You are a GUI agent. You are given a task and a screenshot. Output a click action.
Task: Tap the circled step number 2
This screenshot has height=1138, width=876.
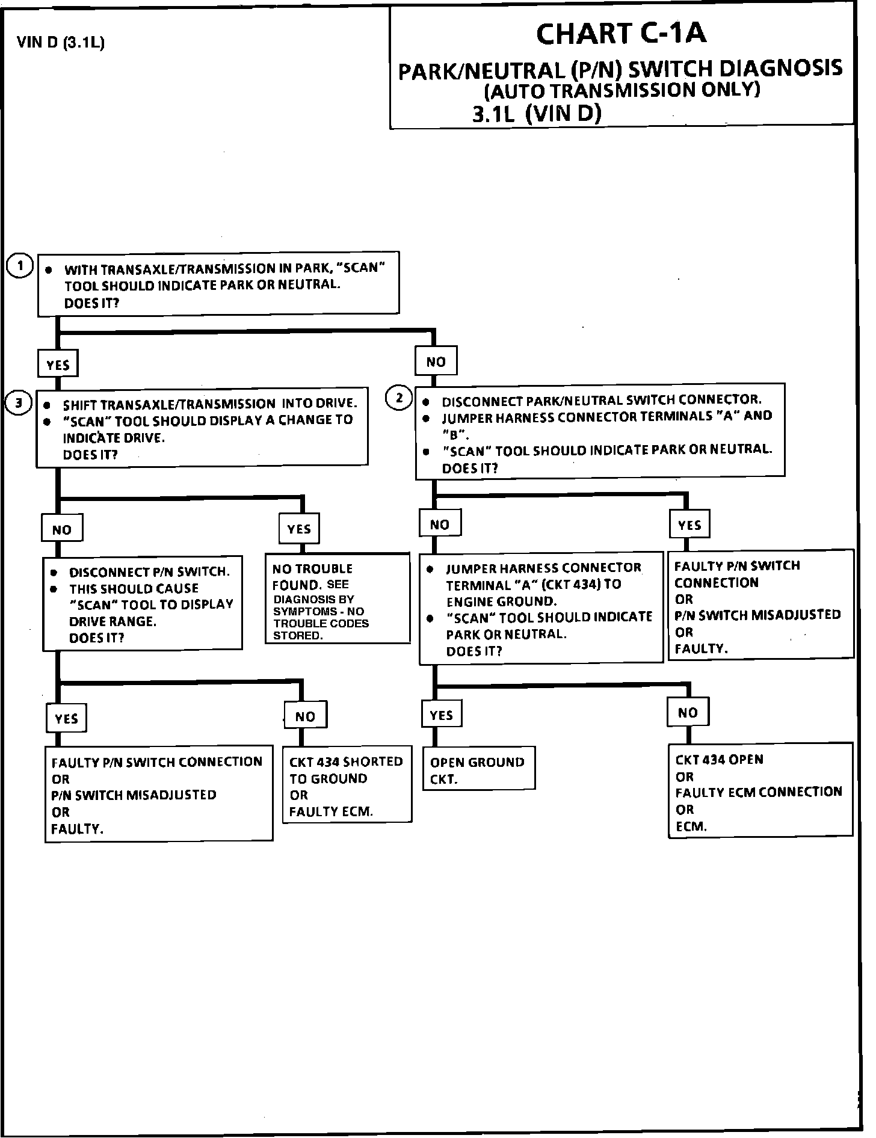[x=399, y=398]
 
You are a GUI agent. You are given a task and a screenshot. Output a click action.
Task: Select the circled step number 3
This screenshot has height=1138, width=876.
[x=19, y=403]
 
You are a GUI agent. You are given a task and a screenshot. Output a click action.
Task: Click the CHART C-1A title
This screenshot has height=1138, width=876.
[x=621, y=34]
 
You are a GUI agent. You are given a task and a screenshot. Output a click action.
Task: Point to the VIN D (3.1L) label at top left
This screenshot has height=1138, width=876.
[x=61, y=43]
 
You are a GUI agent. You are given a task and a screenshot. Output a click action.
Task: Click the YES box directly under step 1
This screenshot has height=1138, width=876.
[x=58, y=364]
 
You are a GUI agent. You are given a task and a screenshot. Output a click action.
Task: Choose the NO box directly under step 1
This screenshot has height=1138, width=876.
[x=436, y=361]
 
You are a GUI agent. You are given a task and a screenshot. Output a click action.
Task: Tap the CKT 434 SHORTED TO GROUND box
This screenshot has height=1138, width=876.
[x=347, y=786]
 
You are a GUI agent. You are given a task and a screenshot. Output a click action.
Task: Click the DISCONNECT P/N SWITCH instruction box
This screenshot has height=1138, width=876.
[x=143, y=604]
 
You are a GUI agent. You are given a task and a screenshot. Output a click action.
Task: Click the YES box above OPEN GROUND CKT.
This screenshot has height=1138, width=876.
[x=441, y=715]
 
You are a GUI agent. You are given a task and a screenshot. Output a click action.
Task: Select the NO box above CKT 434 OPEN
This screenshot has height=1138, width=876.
[x=688, y=713]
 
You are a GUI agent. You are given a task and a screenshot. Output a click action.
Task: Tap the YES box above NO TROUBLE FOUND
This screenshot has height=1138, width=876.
[x=299, y=529]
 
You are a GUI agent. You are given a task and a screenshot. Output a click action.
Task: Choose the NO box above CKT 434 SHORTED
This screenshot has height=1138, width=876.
[x=305, y=716]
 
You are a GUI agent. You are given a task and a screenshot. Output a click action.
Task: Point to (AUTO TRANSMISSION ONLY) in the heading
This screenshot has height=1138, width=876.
[x=622, y=90]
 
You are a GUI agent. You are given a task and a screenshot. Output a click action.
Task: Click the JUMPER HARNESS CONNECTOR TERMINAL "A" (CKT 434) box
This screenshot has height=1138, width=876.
[x=541, y=608]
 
